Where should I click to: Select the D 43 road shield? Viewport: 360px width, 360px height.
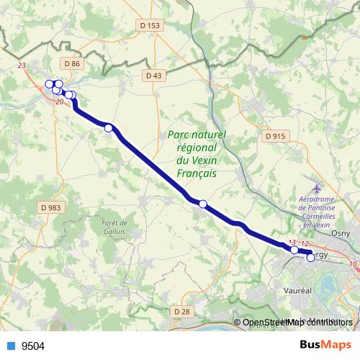pos(153,75)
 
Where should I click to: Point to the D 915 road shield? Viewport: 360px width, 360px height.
pos(275,135)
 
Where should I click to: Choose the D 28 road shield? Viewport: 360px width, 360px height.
pos(182,310)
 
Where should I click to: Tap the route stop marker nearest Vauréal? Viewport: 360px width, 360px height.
pos(311,258)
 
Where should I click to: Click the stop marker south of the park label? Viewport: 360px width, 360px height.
pos(203,204)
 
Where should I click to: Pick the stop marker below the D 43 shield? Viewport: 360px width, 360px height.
pos(109,128)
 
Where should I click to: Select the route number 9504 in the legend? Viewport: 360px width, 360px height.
pos(34,346)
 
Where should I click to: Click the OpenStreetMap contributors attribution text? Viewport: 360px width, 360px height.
pos(298,323)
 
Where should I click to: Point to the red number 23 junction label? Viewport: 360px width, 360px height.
pos(22,66)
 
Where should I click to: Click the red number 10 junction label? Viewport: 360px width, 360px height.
pos(353,264)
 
